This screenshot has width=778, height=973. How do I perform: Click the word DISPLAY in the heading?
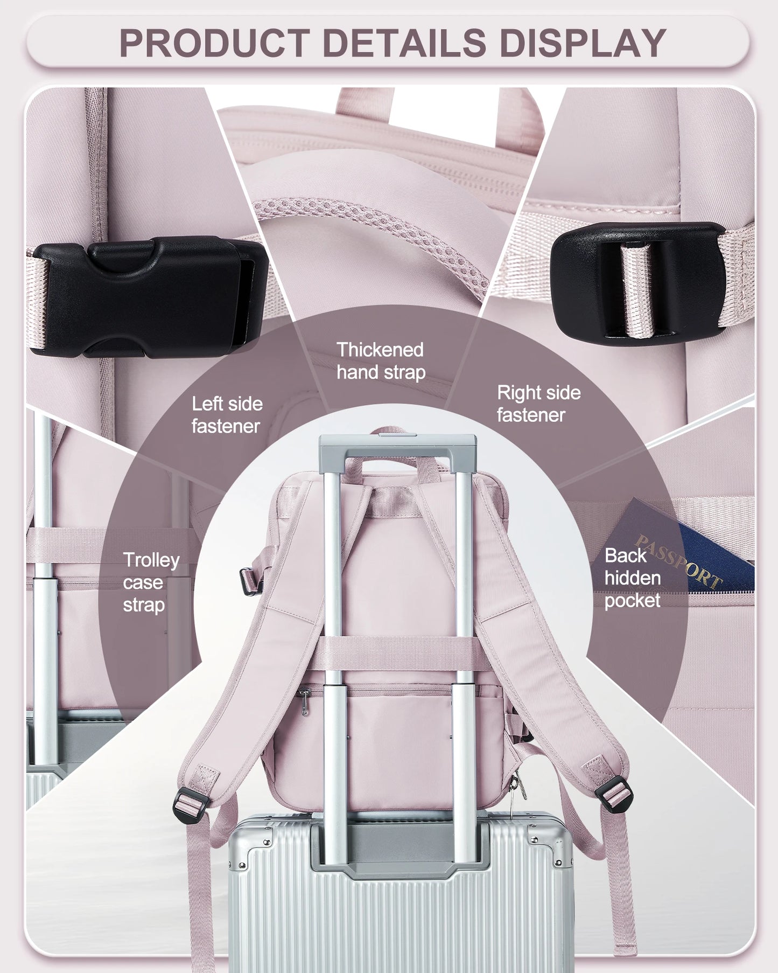click(583, 43)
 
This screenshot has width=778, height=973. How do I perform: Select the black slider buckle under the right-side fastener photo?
click(638, 280)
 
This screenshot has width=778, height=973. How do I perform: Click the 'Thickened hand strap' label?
click(381, 361)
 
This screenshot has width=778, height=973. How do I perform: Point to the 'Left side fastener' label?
click(227, 415)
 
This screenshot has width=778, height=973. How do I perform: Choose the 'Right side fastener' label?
click(538, 404)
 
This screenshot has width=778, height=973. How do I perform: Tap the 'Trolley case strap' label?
click(151, 582)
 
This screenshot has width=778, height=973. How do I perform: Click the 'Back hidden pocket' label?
click(632, 578)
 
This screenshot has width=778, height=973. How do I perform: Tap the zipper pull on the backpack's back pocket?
click(305, 703)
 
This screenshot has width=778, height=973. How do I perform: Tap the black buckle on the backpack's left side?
click(248, 581)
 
